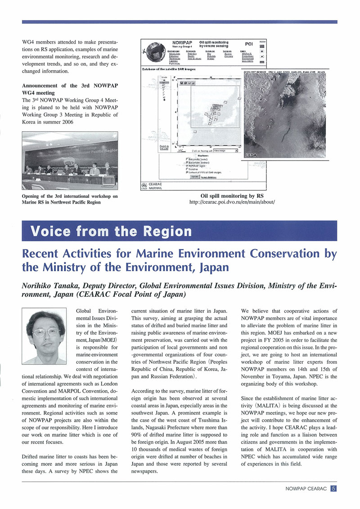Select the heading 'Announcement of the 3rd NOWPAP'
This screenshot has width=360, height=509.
[70, 86]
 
